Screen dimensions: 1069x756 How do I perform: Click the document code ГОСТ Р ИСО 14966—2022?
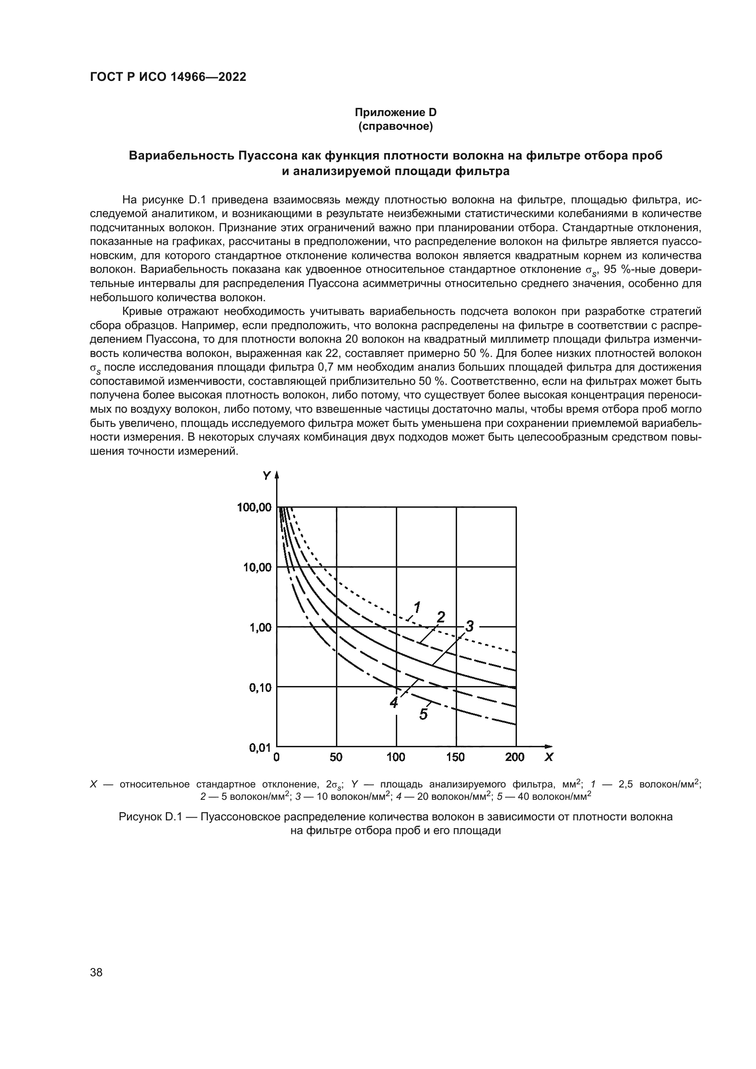point(168,77)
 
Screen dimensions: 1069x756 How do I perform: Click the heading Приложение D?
point(396,112)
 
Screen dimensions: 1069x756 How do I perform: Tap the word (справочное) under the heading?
point(396,126)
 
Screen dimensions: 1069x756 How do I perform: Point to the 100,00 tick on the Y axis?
point(255,507)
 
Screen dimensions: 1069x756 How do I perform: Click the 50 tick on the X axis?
point(336,757)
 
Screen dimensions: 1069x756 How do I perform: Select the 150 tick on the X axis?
point(456,757)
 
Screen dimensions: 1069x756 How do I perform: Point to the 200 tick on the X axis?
point(515,757)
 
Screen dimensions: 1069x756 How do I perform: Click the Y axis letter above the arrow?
point(266,475)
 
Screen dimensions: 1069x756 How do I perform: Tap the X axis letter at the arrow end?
point(549,757)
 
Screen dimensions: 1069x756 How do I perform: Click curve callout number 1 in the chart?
point(417,607)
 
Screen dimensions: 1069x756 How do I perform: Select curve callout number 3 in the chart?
point(469,627)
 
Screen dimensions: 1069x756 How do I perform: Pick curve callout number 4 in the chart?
point(394,702)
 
